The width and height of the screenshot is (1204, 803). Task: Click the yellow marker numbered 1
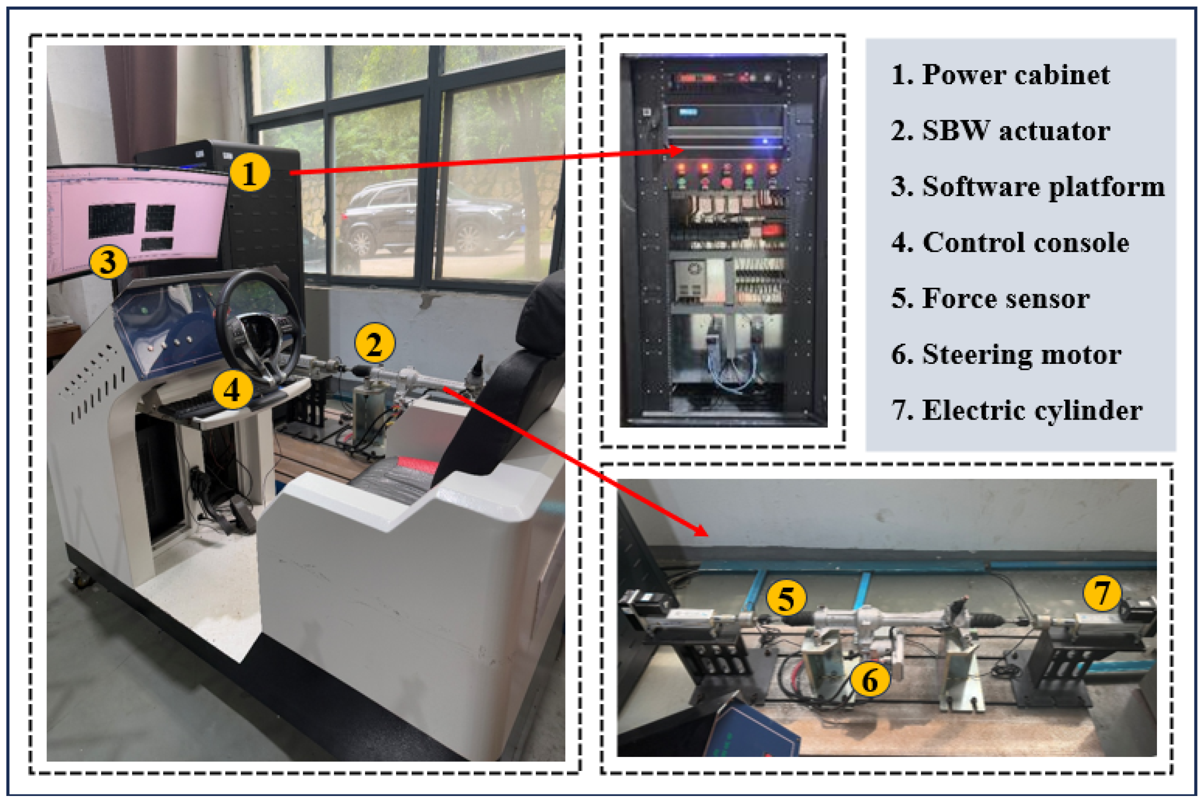pyautogui.click(x=250, y=173)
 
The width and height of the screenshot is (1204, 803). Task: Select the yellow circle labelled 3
pyautogui.click(x=109, y=262)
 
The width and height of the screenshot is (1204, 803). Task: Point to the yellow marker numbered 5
pyautogui.click(x=786, y=597)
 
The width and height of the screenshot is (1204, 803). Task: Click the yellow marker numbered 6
pyautogui.click(x=870, y=680)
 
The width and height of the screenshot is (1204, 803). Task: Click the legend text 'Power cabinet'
pyautogui.click(x=1016, y=75)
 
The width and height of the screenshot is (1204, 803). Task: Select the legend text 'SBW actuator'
pyautogui.click(x=1016, y=131)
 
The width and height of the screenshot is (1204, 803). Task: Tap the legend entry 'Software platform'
pyautogui.click(x=1043, y=187)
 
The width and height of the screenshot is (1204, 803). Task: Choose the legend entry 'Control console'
pyautogui.click(x=1025, y=242)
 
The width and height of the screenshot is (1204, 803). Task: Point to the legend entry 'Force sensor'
pyautogui.click(x=1006, y=299)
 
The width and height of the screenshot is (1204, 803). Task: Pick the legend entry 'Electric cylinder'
pyautogui.click(x=1032, y=410)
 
